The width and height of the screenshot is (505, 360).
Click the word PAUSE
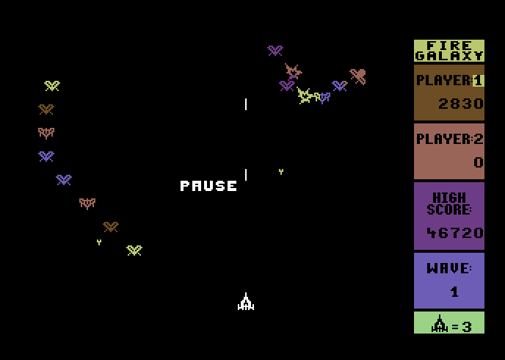coord(208,186)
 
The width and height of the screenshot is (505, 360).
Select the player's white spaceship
coord(246,302)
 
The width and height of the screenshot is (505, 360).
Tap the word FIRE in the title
coord(449,46)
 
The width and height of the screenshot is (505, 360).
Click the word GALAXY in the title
coord(449,56)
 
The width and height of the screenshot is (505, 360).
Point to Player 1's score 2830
coord(460,104)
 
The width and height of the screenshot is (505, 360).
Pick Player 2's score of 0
coord(479,162)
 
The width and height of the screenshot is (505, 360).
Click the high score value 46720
coord(455,233)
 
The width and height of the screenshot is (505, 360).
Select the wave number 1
coord(454,292)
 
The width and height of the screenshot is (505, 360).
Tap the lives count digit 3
coord(467,327)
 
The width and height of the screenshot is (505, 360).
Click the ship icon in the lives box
coord(440,323)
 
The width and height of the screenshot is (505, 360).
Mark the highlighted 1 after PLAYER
coord(479,80)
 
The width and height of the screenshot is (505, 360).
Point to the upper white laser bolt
coord(246,104)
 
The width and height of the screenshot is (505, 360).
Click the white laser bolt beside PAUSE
coord(246,175)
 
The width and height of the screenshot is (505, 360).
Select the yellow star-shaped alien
coord(305,96)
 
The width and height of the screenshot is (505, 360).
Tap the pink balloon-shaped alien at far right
coord(357,76)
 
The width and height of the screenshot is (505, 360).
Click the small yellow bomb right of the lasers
coord(281,172)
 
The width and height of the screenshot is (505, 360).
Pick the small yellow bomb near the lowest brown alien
coord(99,242)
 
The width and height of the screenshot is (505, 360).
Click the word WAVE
coord(449,268)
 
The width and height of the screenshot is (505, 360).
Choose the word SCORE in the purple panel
coord(449,209)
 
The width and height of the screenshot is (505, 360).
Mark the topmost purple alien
coord(275,51)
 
